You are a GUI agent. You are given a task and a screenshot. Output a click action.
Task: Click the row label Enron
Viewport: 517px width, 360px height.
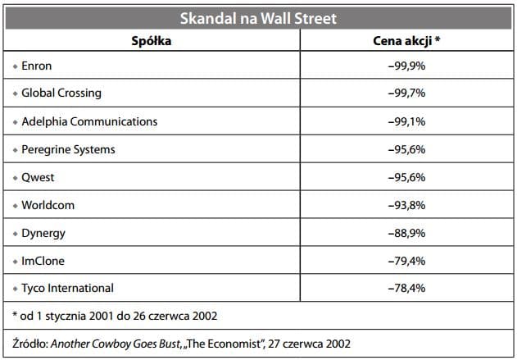coord(39,65)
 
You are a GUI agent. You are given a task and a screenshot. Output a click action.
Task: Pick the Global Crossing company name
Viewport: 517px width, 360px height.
coord(61,93)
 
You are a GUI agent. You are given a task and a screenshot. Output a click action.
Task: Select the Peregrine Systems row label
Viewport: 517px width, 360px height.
coord(68,149)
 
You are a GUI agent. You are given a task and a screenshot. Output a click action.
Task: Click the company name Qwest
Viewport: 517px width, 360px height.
coord(39,177)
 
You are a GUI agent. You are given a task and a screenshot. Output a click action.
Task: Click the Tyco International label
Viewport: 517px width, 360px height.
coord(67,288)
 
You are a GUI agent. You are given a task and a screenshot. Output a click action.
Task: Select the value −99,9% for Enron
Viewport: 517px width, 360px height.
coord(406,65)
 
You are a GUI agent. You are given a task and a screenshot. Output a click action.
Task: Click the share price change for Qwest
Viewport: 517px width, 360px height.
coord(406,177)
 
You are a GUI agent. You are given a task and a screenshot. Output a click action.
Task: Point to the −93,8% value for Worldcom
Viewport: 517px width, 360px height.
coord(406,205)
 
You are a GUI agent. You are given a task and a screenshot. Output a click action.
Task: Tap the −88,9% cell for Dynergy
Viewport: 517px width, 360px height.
coord(406,233)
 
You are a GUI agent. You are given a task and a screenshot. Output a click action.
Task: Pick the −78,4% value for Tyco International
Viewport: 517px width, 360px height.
coord(406,288)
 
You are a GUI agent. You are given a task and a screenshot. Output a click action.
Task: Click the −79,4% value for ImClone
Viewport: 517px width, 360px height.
coord(406,261)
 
